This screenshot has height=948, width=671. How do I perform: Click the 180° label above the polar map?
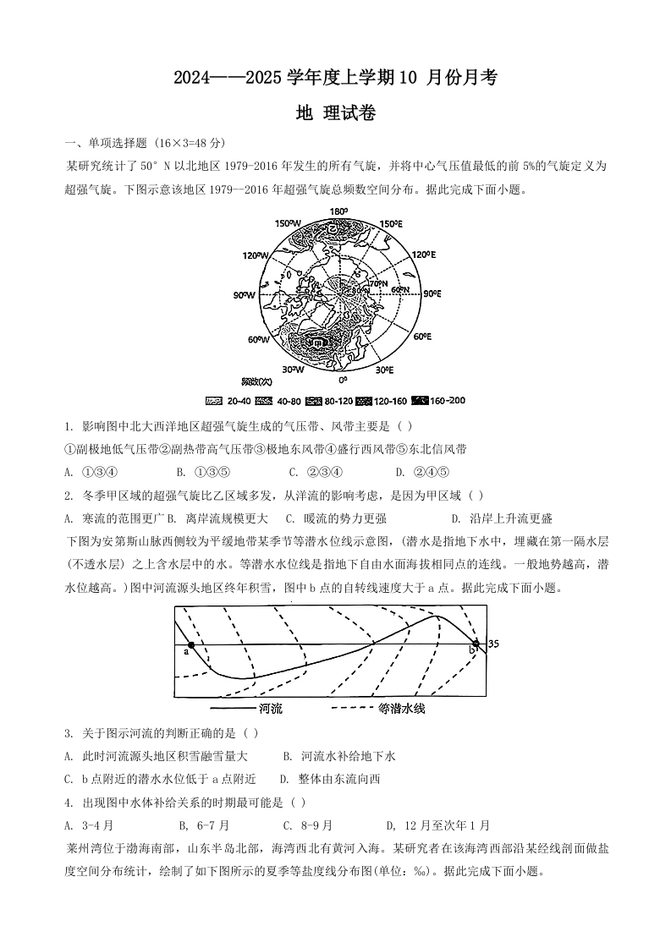[338, 211]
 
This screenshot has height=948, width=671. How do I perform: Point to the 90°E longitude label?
[432, 293]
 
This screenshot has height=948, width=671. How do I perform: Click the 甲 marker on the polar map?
[314, 343]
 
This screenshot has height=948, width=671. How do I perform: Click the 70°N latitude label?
[377, 283]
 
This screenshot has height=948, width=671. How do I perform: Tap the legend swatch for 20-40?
[216, 400]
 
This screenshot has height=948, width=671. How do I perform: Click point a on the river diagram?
[191, 644]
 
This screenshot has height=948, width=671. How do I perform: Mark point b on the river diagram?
[476, 644]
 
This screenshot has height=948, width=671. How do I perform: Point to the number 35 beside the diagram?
[494, 644]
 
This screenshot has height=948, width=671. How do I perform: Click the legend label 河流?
[270, 709]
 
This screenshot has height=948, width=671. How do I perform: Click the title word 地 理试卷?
[335, 113]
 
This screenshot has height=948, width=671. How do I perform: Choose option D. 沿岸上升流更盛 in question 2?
[502, 518]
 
